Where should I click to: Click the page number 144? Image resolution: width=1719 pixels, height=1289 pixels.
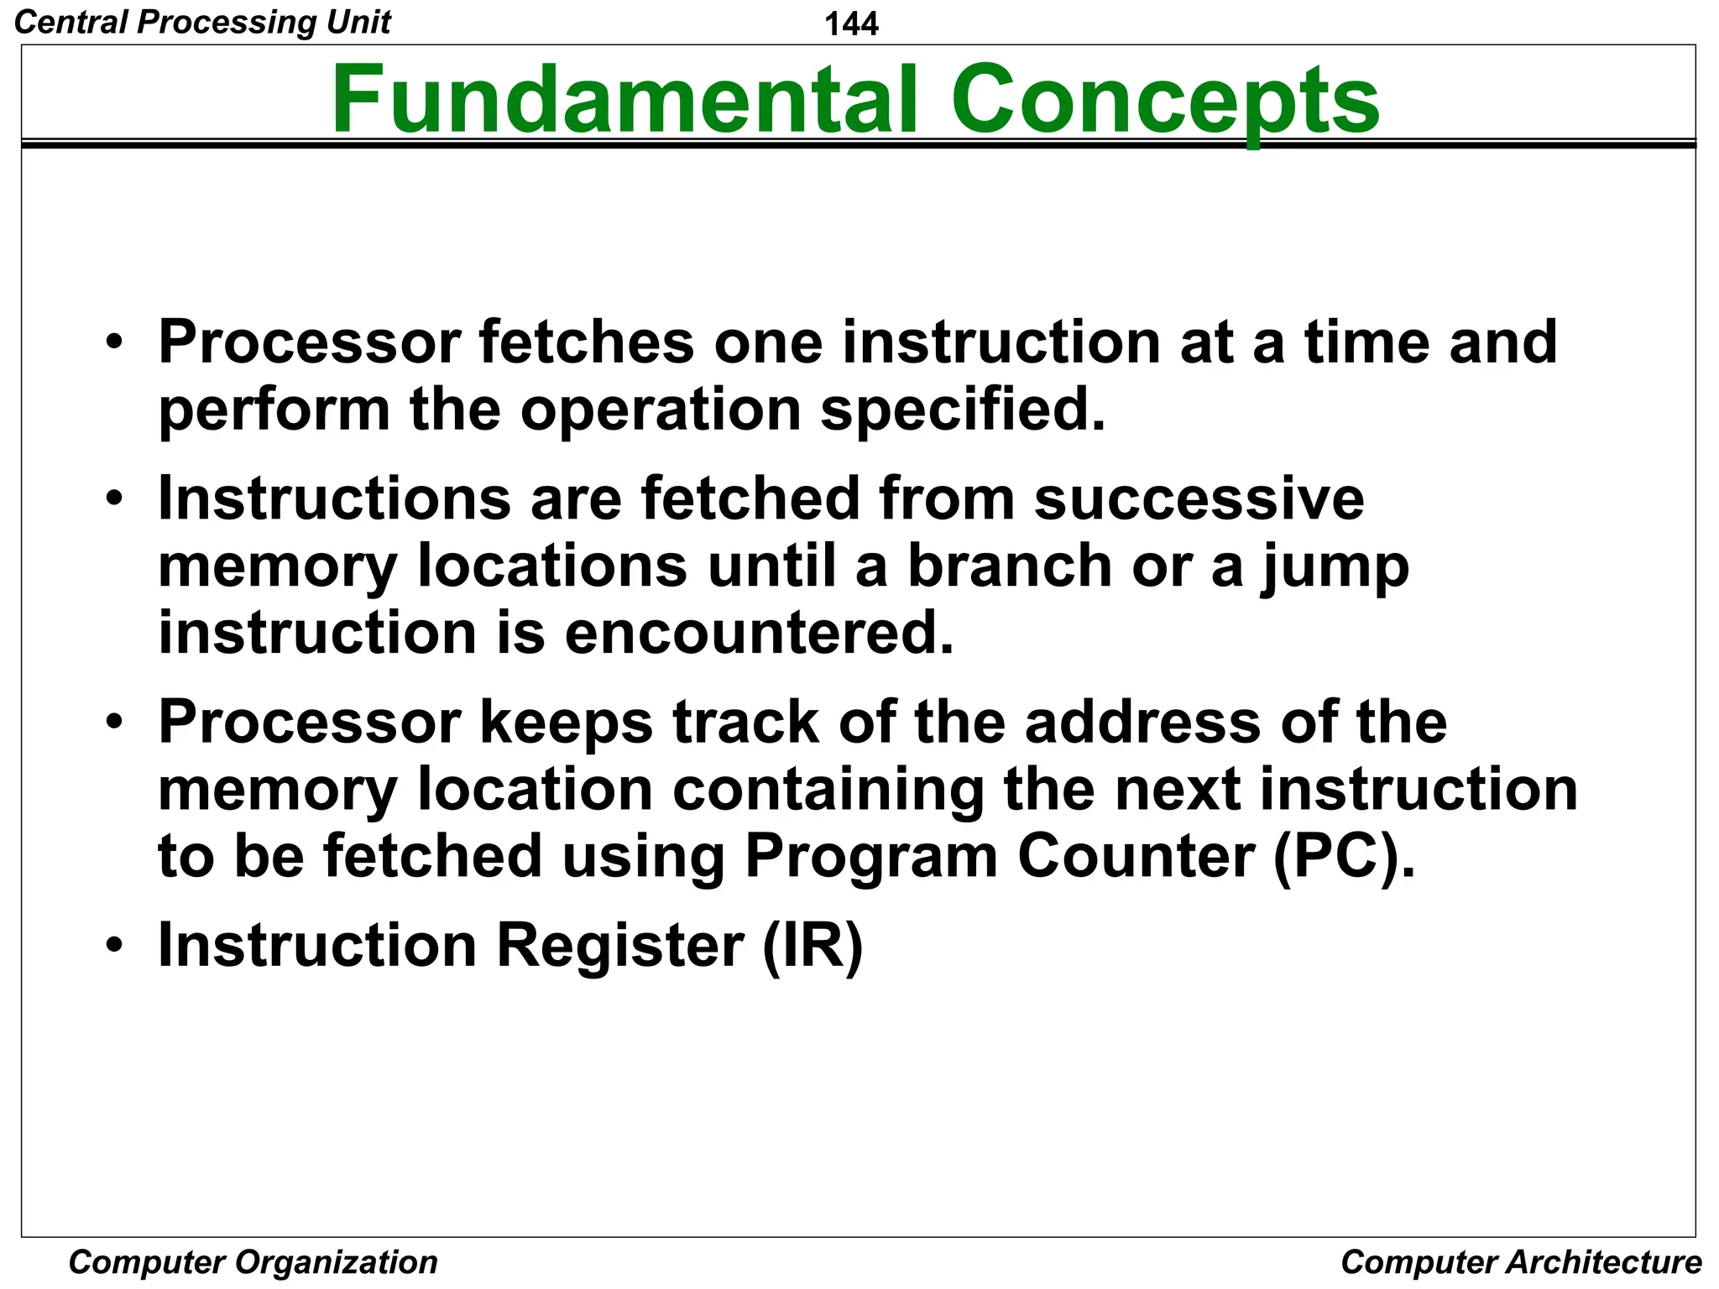point(851,23)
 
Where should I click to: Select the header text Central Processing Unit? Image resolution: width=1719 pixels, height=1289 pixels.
point(202,22)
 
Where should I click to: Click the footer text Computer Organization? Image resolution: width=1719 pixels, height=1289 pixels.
point(253,1261)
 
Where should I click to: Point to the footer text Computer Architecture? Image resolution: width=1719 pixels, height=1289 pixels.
point(1521,1261)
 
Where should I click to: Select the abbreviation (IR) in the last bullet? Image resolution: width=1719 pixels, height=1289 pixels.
point(812,946)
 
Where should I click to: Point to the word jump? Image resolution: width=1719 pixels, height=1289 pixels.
point(1334,567)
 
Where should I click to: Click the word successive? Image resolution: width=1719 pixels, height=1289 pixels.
point(1199,498)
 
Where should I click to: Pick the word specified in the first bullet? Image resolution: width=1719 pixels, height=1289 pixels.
point(962,411)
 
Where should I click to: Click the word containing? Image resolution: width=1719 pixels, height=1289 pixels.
point(828,790)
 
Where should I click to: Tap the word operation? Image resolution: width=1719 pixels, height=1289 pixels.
point(660,411)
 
